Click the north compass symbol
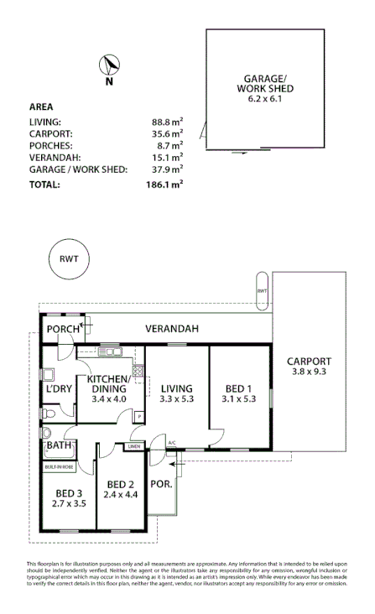tap(109, 67)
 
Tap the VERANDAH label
tap(171, 329)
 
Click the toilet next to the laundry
tap(51, 414)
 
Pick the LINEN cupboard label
tap(134, 447)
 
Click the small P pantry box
tap(138, 416)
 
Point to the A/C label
tap(172, 443)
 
